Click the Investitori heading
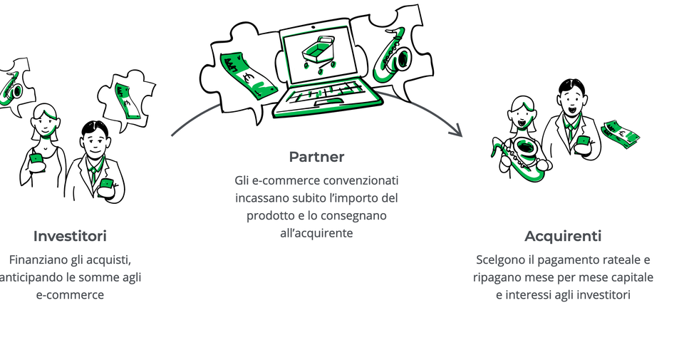[x=70, y=236]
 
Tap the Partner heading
[x=316, y=157]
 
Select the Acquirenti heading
[x=563, y=236]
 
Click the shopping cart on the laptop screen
[x=319, y=55]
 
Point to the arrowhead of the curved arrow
[x=457, y=130]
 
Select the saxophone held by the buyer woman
[x=522, y=157]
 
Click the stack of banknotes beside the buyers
[x=620, y=134]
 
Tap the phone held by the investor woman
[x=36, y=159]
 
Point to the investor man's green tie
[x=93, y=175]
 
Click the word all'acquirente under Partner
[x=316, y=233]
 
